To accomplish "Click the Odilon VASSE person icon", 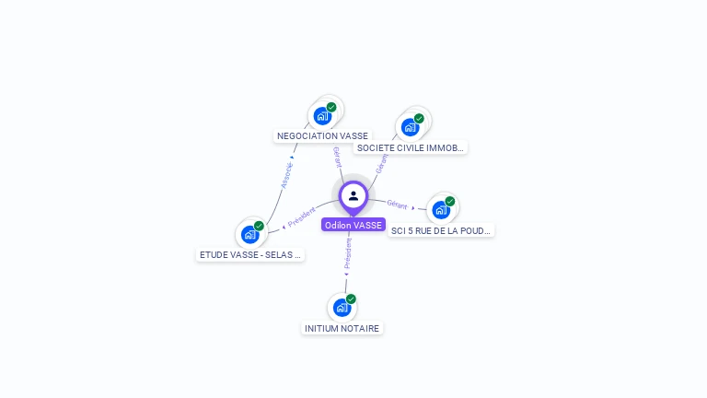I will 353,195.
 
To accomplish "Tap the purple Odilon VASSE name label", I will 353,225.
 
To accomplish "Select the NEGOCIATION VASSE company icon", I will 322,115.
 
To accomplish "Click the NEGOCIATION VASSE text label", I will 322,135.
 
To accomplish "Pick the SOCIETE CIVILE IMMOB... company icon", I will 410,126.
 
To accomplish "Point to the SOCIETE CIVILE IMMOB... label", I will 411,147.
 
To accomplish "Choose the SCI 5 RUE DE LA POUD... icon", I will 441,209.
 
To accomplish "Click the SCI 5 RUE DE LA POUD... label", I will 441,230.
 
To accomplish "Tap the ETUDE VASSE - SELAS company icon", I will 249,234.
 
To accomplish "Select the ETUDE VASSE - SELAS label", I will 250,255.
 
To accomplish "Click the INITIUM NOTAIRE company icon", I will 342,307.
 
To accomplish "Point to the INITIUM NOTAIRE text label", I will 342,328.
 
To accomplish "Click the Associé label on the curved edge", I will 287,176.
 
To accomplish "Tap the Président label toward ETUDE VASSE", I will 302,217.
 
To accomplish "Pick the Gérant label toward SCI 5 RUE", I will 397,204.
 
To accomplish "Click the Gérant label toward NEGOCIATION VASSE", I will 337,157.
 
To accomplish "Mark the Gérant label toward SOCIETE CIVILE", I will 381,163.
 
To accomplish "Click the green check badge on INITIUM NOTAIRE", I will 351,298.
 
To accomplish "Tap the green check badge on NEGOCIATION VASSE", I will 331,107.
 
